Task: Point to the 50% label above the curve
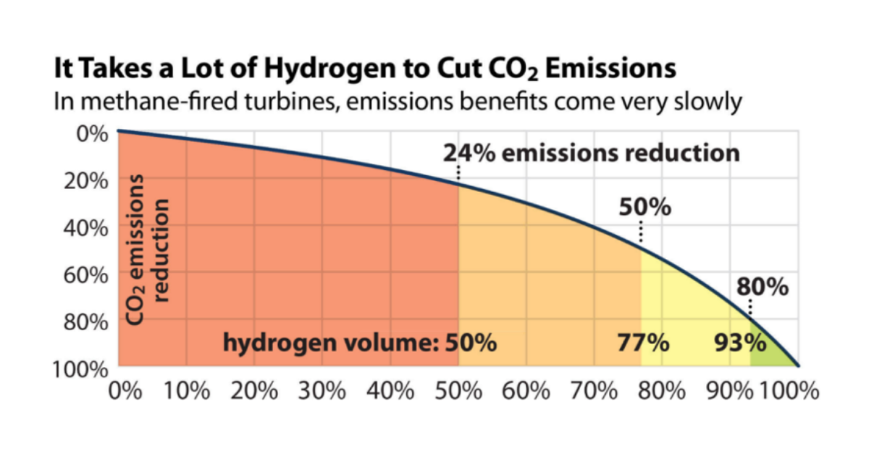(645, 208)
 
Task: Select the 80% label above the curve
(763, 287)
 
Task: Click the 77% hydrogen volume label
(643, 342)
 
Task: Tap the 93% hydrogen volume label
(739, 342)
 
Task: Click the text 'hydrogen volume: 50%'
(360, 342)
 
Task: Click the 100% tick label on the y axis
(82, 369)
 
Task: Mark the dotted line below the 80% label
(751, 307)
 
